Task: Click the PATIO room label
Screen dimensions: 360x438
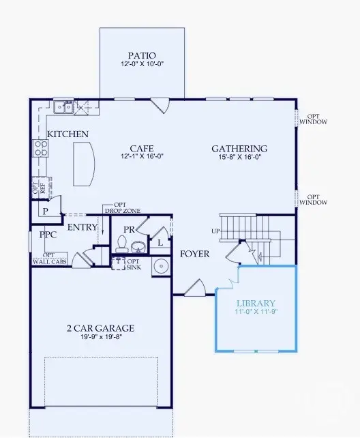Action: pyautogui.click(x=142, y=55)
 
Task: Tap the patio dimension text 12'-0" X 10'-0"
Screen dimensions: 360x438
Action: pyautogui.click(x=142, y=63)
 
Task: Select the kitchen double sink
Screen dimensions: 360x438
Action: pyautogui.click(x=63, y=107)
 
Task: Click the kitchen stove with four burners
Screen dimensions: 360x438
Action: pyautogui.click(x=41, y=148)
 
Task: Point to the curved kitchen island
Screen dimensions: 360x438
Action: pyautogui.click(x=84, y=164)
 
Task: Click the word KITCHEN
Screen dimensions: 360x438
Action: pyautogui.click(x=67, y=134)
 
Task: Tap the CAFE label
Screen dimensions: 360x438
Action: pyautogui.click(x=142, y=148)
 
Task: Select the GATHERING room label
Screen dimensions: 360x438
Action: pyautogui.click(x=239, y=149)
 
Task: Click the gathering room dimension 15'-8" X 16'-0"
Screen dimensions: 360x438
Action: pyautogui.click(x=239, y=157)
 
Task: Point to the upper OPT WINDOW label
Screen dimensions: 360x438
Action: pyautogui.click(x=313, y=119)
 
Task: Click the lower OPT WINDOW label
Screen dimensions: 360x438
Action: pyautogui.click(x=313, y=199)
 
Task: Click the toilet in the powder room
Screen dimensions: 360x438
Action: pyautogui.click(x=121, y=244)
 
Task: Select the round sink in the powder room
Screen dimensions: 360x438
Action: pyautogui.click(x=138, y=247)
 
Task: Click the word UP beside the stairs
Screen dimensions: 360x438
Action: pyautogui.click(x=215, y=231)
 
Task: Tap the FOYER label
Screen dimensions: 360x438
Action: pyautogui.click(x=194, y=254)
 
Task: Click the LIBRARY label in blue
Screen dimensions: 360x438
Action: pyautogui.click(x=256, y=303)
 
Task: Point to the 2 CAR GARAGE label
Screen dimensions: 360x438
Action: pyautogui.click(x=100, y=328)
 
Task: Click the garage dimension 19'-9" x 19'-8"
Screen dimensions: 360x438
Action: pyautogui.click(x=102, y=336)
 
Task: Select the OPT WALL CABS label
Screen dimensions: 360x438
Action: pyautogui.click(x=50, y=259)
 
